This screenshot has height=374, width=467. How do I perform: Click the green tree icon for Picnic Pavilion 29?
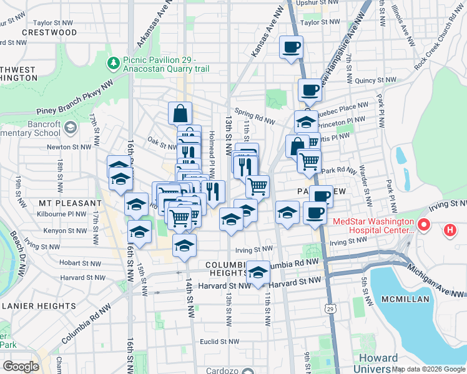[114, 62]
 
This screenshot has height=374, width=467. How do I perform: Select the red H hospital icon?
[450, 231]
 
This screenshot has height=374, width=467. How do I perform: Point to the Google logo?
[21, 366]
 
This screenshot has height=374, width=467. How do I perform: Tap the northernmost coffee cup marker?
[291, 48]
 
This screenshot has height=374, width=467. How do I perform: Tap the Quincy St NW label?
[371, 80]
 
